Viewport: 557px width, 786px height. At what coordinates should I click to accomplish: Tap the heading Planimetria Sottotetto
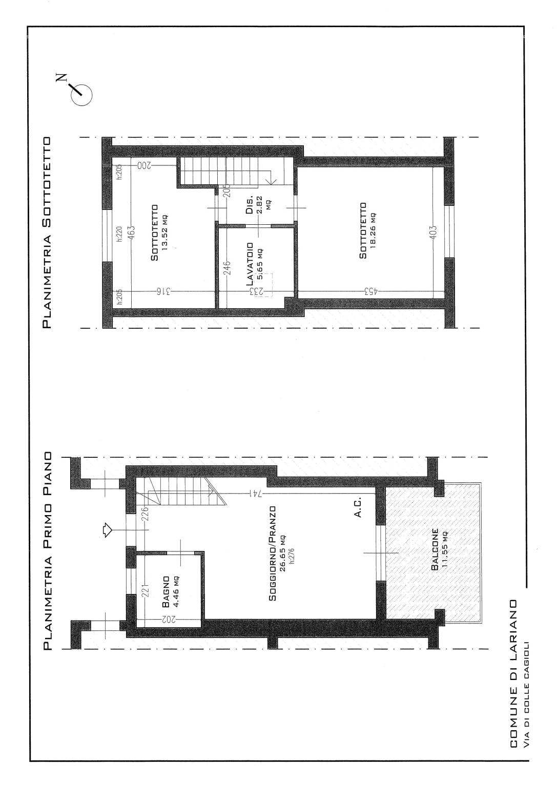coord(47,232)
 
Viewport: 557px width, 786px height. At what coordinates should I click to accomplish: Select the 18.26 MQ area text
coord(373,230)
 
